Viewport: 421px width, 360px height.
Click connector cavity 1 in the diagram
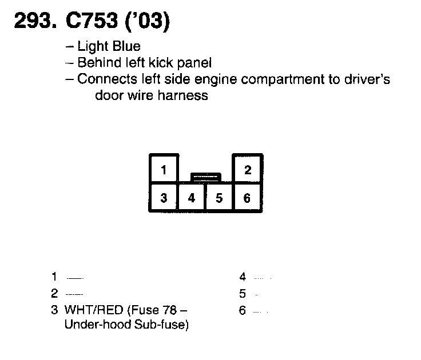pos(164,170)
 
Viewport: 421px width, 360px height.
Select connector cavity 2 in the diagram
pos(247,170)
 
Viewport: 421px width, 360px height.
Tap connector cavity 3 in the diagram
pos(164,198)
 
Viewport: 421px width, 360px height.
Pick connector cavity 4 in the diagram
pos(192,198)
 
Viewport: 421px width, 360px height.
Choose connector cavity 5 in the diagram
pos(219,198)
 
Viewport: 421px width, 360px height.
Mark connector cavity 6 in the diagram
pos(247,198)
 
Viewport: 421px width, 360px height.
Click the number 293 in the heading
pos(33,21)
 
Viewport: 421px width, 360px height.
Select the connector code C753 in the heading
pos(90,21)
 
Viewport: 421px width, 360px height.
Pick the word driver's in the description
pos(366,79)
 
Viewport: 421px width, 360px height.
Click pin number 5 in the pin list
pos(243,294)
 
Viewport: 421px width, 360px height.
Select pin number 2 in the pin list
pos(54,294)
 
